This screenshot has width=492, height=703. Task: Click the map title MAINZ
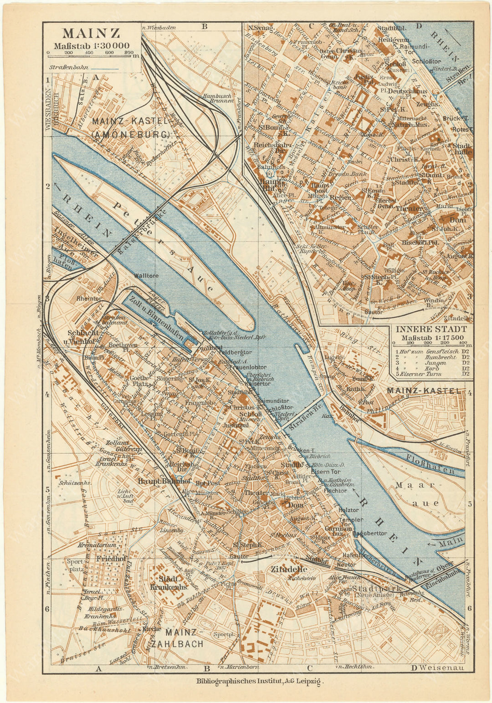tap(91, 34)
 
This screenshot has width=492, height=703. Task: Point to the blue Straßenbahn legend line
tap(105, 69)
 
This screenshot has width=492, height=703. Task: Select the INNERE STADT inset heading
tap(431, 329)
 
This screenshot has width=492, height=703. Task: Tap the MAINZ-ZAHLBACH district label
tap(181, 638)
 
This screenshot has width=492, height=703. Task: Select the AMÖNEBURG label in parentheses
tap(130, 134)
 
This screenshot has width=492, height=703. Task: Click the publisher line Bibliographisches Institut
tap(259, 682)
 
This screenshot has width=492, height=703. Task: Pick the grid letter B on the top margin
tap(205, 26)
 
